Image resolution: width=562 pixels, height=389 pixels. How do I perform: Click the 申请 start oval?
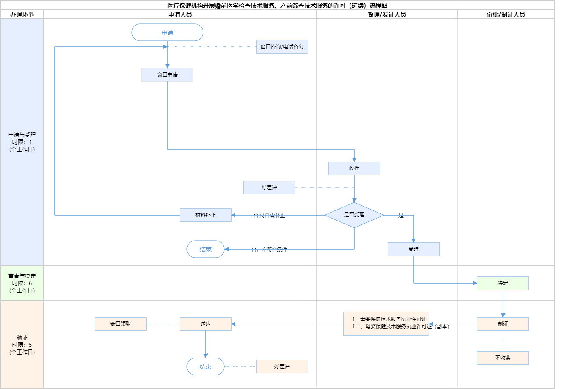click(167, 33)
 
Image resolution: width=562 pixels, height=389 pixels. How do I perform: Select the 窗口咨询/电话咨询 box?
click(282, 47)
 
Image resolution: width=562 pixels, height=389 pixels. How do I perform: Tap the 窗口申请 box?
click(167, 75)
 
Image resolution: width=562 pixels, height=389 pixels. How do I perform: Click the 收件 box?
click(354, 168)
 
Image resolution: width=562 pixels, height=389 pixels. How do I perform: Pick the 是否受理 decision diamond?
click(354, 215)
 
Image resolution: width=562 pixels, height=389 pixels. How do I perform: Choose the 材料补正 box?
click(206, 215)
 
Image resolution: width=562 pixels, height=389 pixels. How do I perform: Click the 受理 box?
click(413, 249)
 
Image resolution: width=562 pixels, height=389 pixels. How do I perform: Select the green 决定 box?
click(503, 283)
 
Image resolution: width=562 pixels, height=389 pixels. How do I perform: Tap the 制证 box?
click(503, 324)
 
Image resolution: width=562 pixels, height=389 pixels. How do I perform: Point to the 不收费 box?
click(503, 358)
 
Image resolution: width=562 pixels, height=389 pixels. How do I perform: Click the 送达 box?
click(206, 324)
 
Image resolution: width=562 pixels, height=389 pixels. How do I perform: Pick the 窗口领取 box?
click(121, 324)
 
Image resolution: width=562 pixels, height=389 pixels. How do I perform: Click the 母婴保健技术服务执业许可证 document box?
click(386, 324)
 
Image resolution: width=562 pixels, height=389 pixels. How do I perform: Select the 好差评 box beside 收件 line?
click(269, 187)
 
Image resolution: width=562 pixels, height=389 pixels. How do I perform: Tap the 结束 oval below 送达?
click(206, 366)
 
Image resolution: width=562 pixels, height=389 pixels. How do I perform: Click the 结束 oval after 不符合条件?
click(206, 250)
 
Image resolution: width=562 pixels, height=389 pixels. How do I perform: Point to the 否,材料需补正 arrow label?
click(269, 216)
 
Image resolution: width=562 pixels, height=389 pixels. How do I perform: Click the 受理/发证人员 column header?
click(387, 14)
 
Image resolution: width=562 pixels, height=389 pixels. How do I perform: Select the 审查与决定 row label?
click(22, 283)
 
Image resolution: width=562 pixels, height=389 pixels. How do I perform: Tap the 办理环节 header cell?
click(22, 14)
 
